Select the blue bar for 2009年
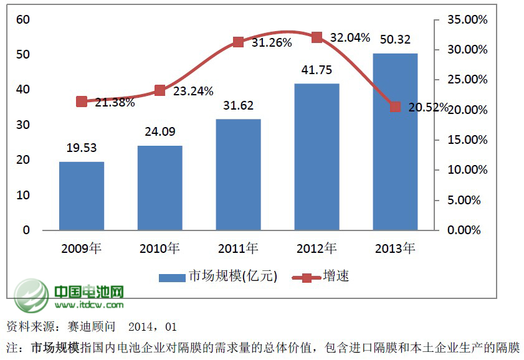[x=82, y=196]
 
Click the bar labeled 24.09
[x=160, y=187]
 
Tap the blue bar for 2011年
[x=238, y=174]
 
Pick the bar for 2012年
[x=317, y=156]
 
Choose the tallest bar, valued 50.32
[x=395, y=141]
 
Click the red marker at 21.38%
[x=82, y=102]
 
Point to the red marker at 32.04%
[x=317, y=37]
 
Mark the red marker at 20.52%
[x=395, y=107]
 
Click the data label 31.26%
[x=266, y=42]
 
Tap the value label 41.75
[x=317, y=70]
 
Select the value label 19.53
[x=82, y=148]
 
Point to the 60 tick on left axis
[x=23, y=19]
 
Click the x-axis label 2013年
[x=395, y=249]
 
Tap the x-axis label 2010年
[x=160, y=249]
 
